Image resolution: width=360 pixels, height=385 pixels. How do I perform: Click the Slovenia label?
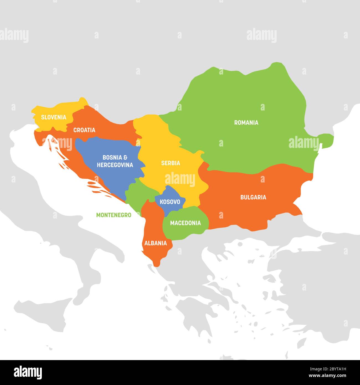click(x=54, y=117)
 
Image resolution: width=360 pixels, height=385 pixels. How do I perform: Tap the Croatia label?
click(x=84, y=130)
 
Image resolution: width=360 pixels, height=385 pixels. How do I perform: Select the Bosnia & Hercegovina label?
click(x=115, y=161)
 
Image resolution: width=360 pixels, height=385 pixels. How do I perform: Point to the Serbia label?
click(x=171, y=163)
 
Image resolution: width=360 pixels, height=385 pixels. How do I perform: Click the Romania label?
click(x=246, y=122)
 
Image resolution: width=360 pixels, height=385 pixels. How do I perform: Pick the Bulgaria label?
click(x=253, y=197)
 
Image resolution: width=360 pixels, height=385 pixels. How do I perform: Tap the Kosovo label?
click(x=170, y=202)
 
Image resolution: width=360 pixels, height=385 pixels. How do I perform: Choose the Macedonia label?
click(x=185, y=223)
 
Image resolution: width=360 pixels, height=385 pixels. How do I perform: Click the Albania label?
click(x=156, y=243)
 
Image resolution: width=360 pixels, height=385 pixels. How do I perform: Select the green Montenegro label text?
click(x=114, y=215)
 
